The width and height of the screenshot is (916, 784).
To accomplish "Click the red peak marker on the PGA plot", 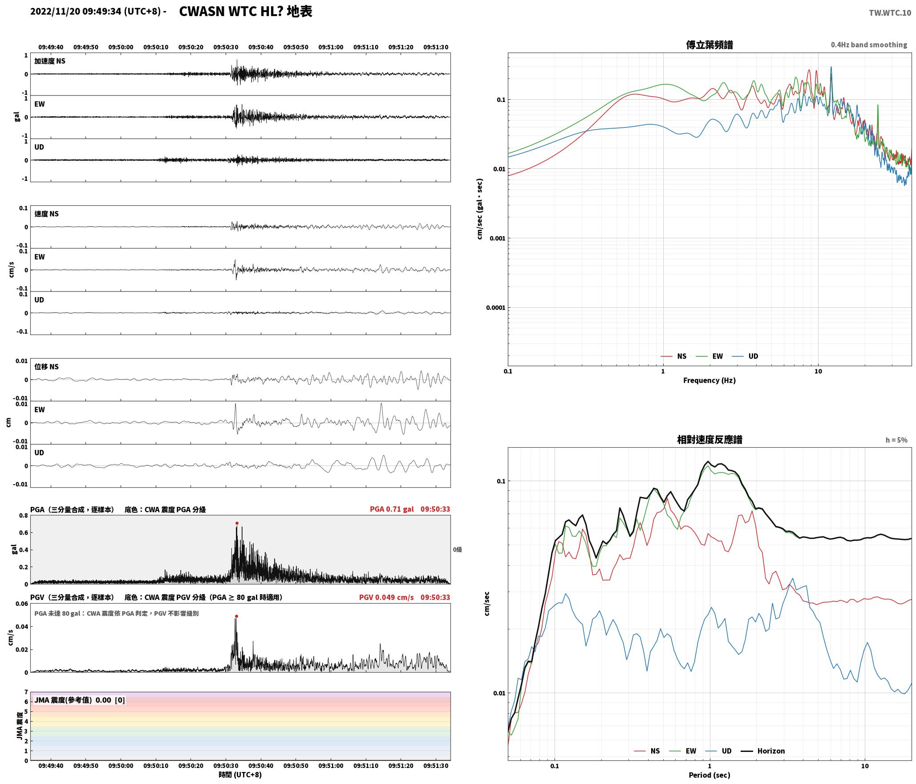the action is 237,523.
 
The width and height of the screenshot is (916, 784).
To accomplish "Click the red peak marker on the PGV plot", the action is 236,616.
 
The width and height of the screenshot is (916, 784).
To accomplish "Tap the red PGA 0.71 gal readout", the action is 392,509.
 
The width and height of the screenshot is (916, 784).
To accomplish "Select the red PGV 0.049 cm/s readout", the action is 386,597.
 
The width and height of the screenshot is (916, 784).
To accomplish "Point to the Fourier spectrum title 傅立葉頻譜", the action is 709,45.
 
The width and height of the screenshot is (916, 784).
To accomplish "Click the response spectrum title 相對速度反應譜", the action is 709,440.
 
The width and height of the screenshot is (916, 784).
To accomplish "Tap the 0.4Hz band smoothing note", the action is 869,45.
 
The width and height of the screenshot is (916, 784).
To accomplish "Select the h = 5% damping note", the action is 896,440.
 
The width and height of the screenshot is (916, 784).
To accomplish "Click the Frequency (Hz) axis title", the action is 709,380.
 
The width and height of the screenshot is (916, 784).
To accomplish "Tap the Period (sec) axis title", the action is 709,775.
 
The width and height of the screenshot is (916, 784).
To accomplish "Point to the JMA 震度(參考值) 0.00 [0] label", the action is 80,700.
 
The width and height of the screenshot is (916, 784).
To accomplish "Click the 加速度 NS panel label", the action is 50,61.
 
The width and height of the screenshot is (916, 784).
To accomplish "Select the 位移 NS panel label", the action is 47,367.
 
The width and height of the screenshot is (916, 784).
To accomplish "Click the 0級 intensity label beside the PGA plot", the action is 458,550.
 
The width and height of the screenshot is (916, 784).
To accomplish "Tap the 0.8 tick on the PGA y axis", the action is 23,515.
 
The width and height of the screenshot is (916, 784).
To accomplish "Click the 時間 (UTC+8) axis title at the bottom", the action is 240,775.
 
